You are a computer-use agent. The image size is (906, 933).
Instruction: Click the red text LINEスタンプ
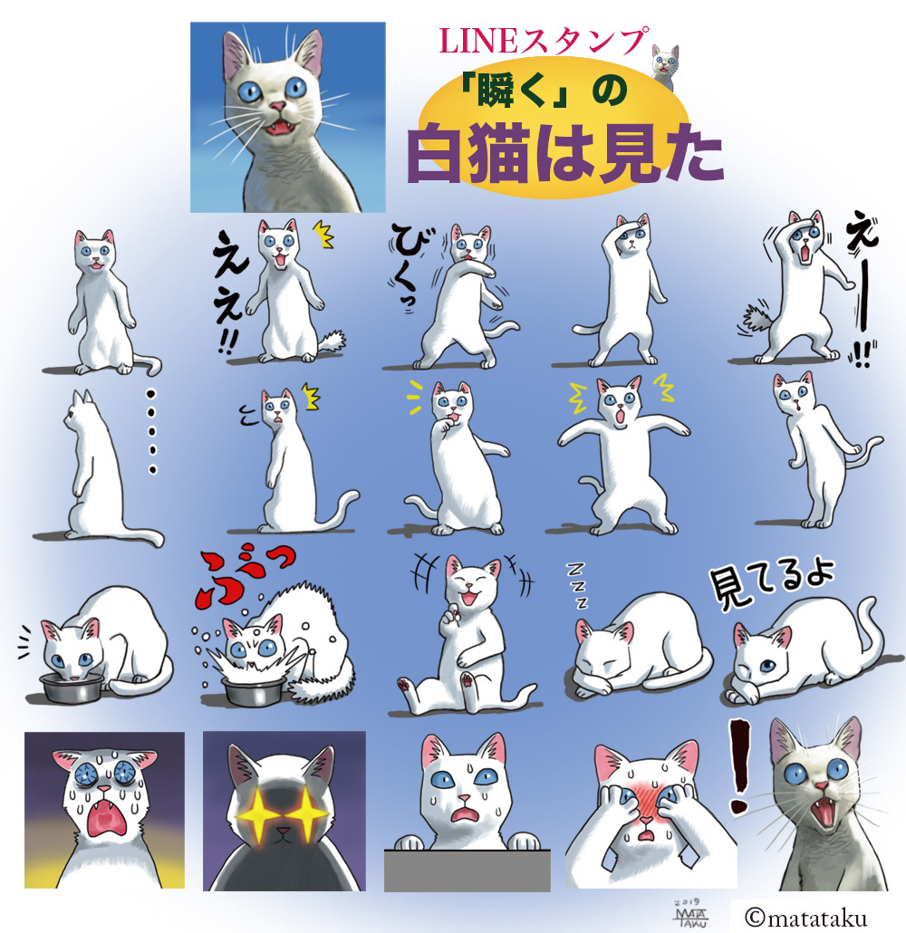coord(543,42)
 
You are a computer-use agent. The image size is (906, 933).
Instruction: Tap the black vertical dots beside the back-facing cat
coord(152,431)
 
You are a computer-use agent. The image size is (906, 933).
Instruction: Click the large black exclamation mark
coord(739,766)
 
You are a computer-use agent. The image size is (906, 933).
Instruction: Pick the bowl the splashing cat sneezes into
coord(253,691)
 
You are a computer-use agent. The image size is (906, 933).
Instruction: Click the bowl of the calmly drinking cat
coord(71,688)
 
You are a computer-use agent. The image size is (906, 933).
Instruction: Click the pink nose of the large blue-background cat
coord(277,107)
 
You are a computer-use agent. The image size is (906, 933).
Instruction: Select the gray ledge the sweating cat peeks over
coord(467,870)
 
